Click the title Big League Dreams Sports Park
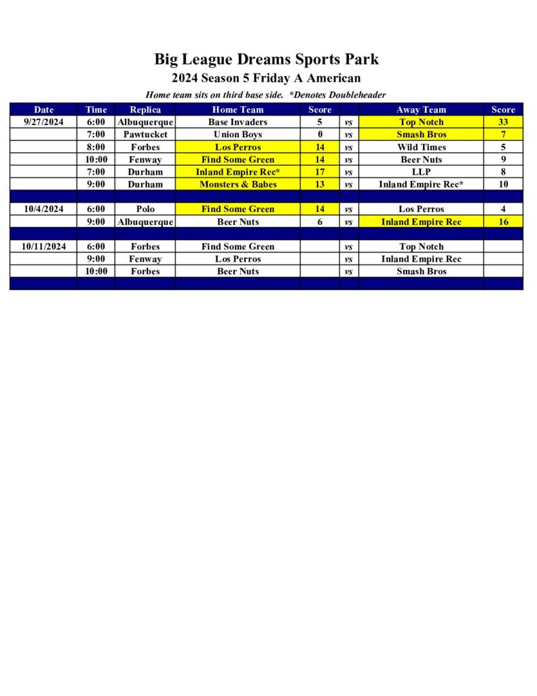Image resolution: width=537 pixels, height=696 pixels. [266, 59]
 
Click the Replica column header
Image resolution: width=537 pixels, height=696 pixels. [145, 109]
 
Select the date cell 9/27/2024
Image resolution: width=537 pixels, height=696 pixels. [43, 122]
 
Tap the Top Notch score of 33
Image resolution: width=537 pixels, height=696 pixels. [503, 122]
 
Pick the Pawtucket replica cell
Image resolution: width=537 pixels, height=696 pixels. [145, 135]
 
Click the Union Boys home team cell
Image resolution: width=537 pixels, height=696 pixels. [238, 135]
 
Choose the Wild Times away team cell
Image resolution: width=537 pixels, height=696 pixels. [421, 147]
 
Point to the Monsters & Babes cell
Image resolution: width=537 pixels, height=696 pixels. [238, 184]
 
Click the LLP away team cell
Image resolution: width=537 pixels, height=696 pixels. [421, 172]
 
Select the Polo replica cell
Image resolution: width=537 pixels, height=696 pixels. [145, 209]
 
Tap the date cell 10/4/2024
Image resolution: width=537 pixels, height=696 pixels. [43, 209]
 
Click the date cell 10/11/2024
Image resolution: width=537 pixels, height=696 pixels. [43, 247]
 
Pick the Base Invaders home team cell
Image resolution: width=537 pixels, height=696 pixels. [238, 122]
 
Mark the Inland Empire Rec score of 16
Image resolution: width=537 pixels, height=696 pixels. [503, 222]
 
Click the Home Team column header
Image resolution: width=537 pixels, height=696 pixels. [238, 109]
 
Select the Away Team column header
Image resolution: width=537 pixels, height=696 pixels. [421, 109]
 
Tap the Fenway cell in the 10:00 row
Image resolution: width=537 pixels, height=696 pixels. [145, 160]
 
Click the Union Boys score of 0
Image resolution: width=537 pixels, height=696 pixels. [320, 135]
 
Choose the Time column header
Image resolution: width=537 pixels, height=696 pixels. [96, 109]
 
